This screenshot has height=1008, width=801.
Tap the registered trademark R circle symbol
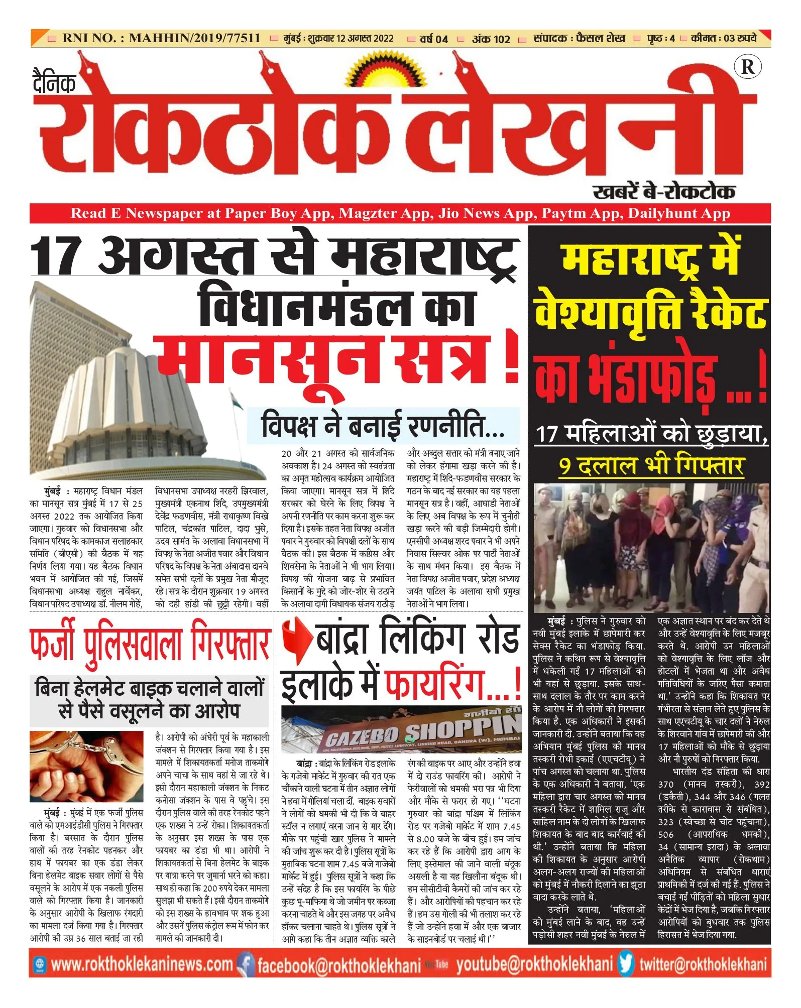pos(747,67)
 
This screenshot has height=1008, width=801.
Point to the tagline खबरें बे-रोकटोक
pos(664,192)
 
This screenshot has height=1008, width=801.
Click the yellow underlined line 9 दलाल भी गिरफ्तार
pos(651,466)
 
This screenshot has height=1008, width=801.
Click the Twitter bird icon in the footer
pos(626,963)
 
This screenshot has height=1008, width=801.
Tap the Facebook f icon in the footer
pos(246,963)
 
